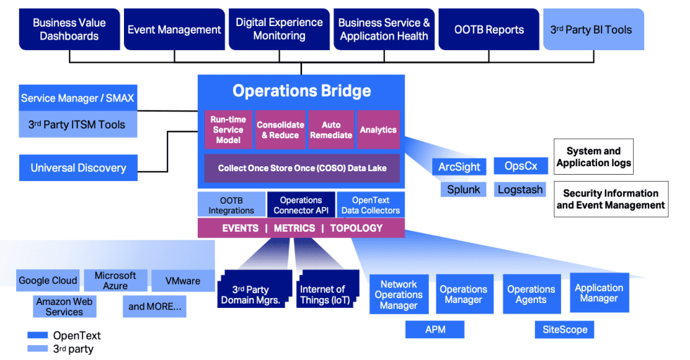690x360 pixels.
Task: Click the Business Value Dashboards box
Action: coord(70,29)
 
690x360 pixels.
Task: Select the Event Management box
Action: coord(175,29)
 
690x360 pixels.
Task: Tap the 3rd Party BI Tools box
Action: coord(594,29)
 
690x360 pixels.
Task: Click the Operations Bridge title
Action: coord(301,91)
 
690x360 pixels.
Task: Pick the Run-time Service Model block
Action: coord(228,130)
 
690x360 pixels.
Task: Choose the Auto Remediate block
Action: coord(331,130)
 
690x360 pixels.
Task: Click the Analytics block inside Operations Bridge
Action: coord(378,130)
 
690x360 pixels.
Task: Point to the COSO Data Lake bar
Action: coord(302,168)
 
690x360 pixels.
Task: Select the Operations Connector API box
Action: coord(301,205)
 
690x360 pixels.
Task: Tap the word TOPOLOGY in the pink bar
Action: coord(356,228)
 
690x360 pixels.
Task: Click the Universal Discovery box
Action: coord(78,168)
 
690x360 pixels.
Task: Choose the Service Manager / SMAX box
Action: coord(78,98)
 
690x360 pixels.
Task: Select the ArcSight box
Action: coord(459,167)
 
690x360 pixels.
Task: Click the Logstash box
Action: coord(520,190)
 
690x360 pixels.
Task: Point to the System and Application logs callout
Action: coord(594,156)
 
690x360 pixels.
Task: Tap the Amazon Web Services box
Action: coord(64,306)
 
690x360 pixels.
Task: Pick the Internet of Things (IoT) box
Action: coord(325,294)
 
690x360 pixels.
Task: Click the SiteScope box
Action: coord(565,330)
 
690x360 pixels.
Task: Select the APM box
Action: coord(435,330)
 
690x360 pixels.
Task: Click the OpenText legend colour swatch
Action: coord(37,335)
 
